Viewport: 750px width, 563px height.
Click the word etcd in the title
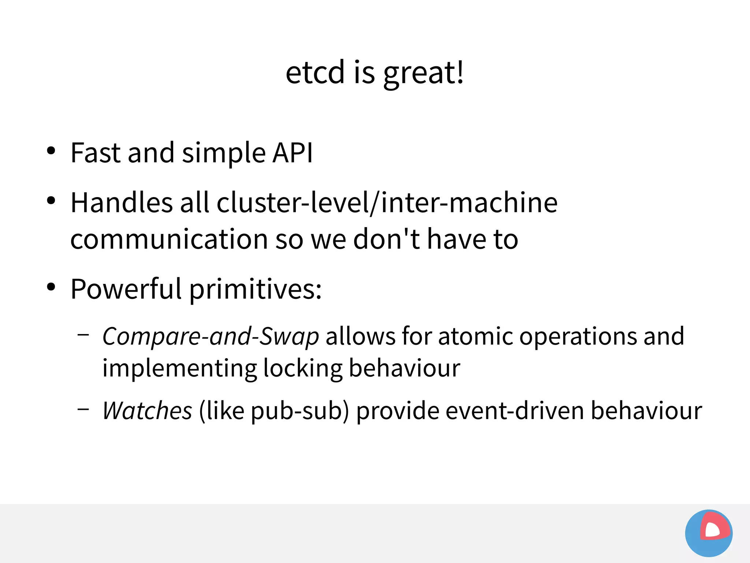pos(315,72)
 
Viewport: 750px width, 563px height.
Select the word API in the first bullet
pos(293,152)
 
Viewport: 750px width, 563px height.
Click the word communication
pos(169,239)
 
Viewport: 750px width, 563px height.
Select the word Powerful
pos(126,289)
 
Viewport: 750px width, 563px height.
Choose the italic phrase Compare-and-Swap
pos(211,336)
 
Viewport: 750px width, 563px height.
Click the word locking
pos(302,368)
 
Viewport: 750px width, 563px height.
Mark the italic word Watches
pos(147,411)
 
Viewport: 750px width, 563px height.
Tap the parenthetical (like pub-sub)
pos(274,411)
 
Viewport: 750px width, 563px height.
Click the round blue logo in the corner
pos(709,533)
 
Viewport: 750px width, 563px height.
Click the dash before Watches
pos(83,408)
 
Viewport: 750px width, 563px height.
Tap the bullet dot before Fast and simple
pos(51,151)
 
